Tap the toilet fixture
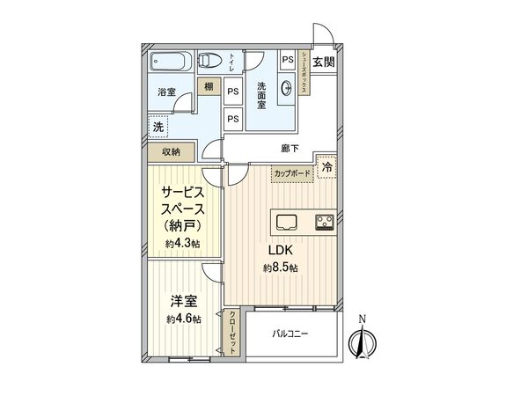click(209, 62)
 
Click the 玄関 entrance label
click(323, 62)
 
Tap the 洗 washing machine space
click(158, 126)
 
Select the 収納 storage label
click(171, 151)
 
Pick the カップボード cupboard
click(291, 173)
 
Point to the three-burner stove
click(323, 221)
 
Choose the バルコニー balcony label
click(290, 333)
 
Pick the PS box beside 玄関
click(288, 59)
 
